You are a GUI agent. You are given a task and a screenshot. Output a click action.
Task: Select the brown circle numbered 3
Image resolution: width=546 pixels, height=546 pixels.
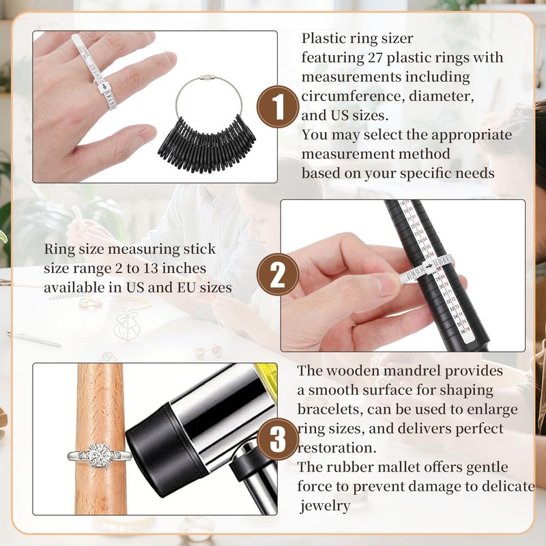click(278, 439)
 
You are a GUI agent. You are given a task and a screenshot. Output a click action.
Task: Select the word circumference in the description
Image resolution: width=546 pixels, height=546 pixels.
click(342, 96)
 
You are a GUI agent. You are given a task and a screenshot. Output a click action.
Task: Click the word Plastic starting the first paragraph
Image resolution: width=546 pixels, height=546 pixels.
click(325, 38)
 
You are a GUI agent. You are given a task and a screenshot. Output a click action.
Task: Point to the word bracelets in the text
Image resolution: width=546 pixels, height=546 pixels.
click(326, 409)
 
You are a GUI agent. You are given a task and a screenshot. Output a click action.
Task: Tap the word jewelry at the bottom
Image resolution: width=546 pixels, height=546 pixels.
click(326, 506)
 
